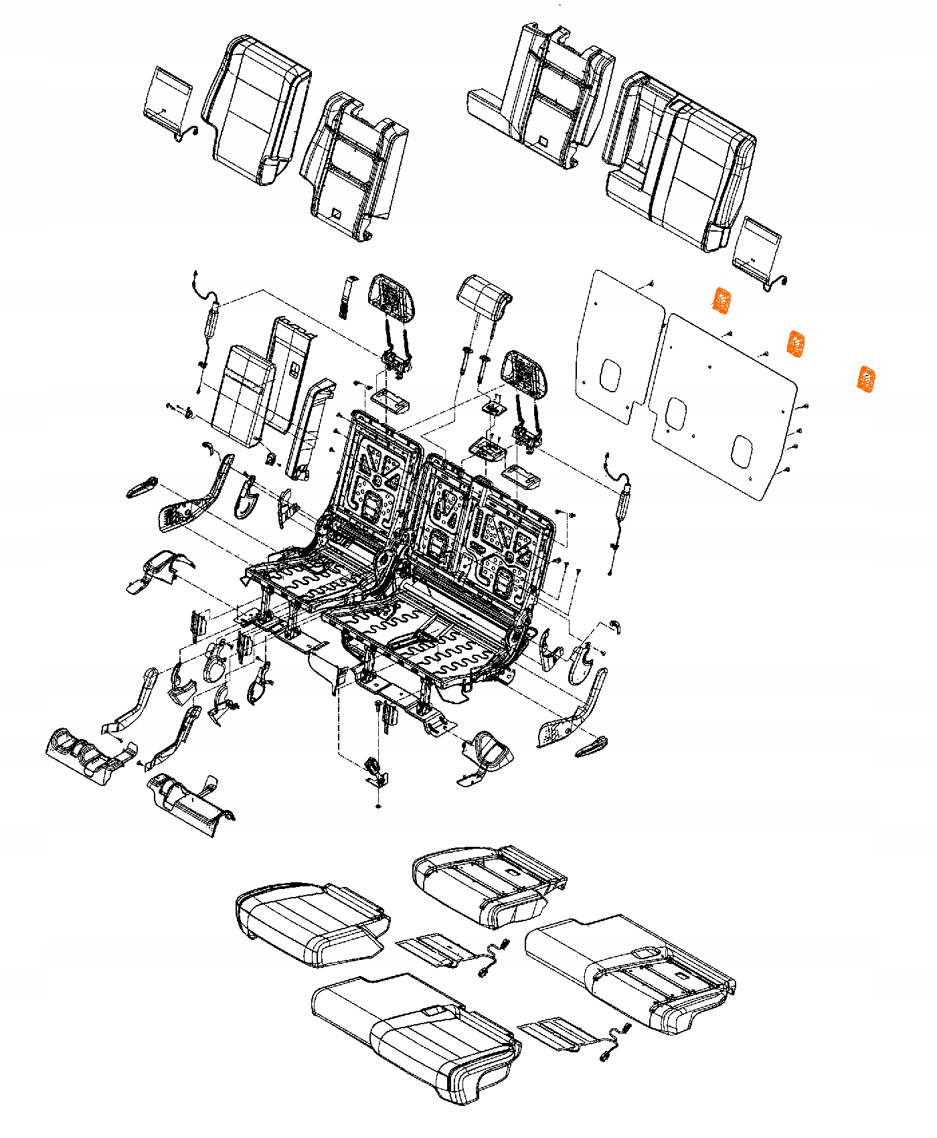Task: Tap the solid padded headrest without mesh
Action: pyautogui.click(x=483, y=297)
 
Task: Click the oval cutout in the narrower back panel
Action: pyautogui.click(x=610, y=374)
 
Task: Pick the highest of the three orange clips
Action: pyautogui.click(x=721, y=301)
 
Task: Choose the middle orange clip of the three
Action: pyautogui.click(x=795, y=343)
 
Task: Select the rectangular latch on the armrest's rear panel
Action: pyautogui.click(x=294, y=366)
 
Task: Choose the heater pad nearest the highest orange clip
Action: pyautogui.click(x=758, y=246)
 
